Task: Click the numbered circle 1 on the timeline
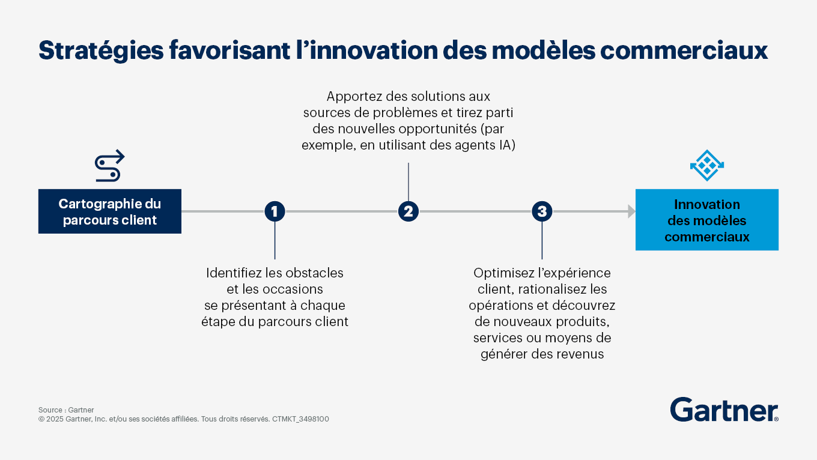pyautogui.click(x=275, y=211)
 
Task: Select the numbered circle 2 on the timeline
pyautogui.click(x=408, y=211)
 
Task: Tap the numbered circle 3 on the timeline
pyautogui.click(x=542, y=211)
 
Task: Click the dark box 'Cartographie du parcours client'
pyautogui.click(x=110, y=211)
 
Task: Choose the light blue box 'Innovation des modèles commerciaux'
pyautogui.click(x=707, y=220)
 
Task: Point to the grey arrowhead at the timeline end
pyautogui.click(x=632, y=211)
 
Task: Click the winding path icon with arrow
pyautogui.click(x=109, y=166)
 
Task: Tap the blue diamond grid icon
pyautogui.click(x=707, y=166)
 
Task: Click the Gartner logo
pyautogui.click(x=724, y=410)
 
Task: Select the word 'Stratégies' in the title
pyautogui.click(x=101, y=50)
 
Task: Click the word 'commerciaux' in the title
pyautogui.click(x=684, y=50)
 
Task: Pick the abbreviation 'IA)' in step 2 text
pyautogui.click(x=508, y=145)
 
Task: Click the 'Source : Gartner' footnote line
pyautogui.click(x=66, y=410)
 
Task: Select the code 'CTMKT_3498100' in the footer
pyautogui.click(x=300, y=419)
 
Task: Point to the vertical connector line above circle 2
pyautogui.click(x=408, y=182)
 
